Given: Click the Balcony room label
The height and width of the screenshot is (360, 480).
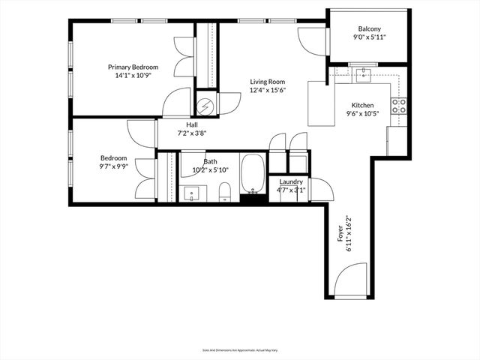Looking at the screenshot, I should pyautogui.click(x=368, y=28).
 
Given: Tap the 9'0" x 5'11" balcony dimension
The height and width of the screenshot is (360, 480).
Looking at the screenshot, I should pyautogui.click(x=368, y=37).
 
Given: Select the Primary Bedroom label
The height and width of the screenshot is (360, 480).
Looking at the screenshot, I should pyautogui.click(x=132, y=67).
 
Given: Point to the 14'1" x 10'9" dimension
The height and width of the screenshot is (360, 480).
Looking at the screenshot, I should pyautogui.click(x=132, y=76).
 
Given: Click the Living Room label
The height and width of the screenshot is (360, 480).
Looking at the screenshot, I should pyautogui.click(x=268, y=82).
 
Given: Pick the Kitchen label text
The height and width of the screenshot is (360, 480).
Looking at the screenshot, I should pyautogui.click(x=363, y=105).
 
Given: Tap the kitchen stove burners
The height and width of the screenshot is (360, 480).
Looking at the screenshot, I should pyautogui.click(x=400, y=106).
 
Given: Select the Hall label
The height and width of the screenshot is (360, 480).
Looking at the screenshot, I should pyautogui.click(x=191, y=124).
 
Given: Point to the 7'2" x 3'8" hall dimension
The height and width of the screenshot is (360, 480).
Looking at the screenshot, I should pyautogui.click(x=191, y=133).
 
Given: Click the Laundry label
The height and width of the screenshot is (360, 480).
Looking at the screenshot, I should pyautogui.click(x=291, y=181).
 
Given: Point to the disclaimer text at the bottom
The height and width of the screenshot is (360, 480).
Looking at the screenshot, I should pyautogui.click(x=239, y=349).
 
